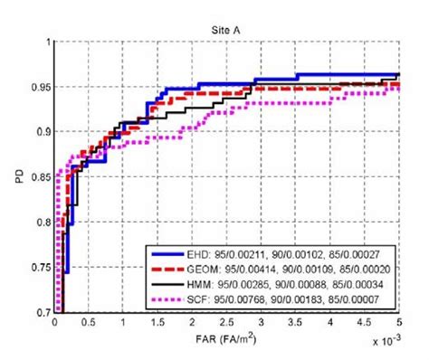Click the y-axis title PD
pyautogui.click(x=19, y=177)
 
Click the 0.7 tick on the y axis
pyautogui.click(x=43, y=312)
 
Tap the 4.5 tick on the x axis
pyautogui.click(x=365, y=322)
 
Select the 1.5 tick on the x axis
pyautogui.click(x=158, y=322)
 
